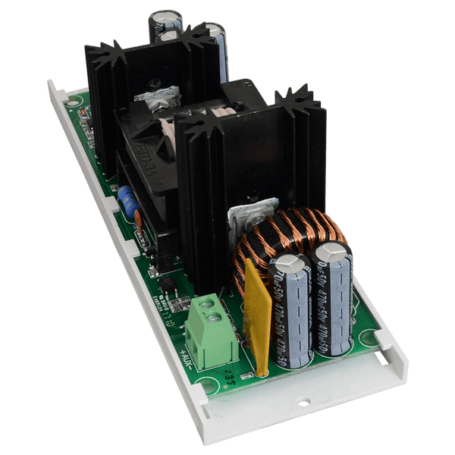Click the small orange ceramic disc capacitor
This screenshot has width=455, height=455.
point(140,221)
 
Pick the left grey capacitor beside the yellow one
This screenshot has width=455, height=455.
point(291,311)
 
